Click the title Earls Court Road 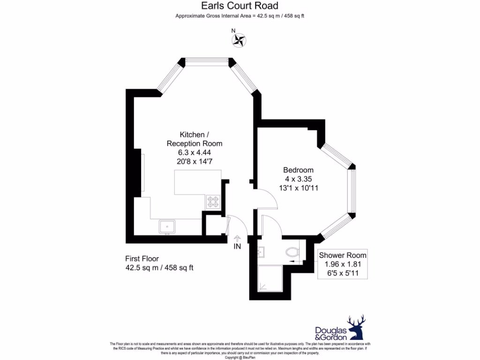pos(240,6)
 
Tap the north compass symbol pos(239,40)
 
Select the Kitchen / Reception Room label pos(195,139)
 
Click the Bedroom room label pos(298,170)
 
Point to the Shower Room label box pos(342,264)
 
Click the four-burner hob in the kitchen pos(213,202)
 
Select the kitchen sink pos(167,226)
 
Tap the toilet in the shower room pos(293,252)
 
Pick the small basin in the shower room pos(261,252)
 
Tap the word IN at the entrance pos(237,247)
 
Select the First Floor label pos(142,259)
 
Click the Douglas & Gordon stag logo pos(356,327)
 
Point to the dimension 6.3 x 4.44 pos(195,152)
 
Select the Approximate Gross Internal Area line pos(240,16)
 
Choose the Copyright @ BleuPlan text pos(240,358)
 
